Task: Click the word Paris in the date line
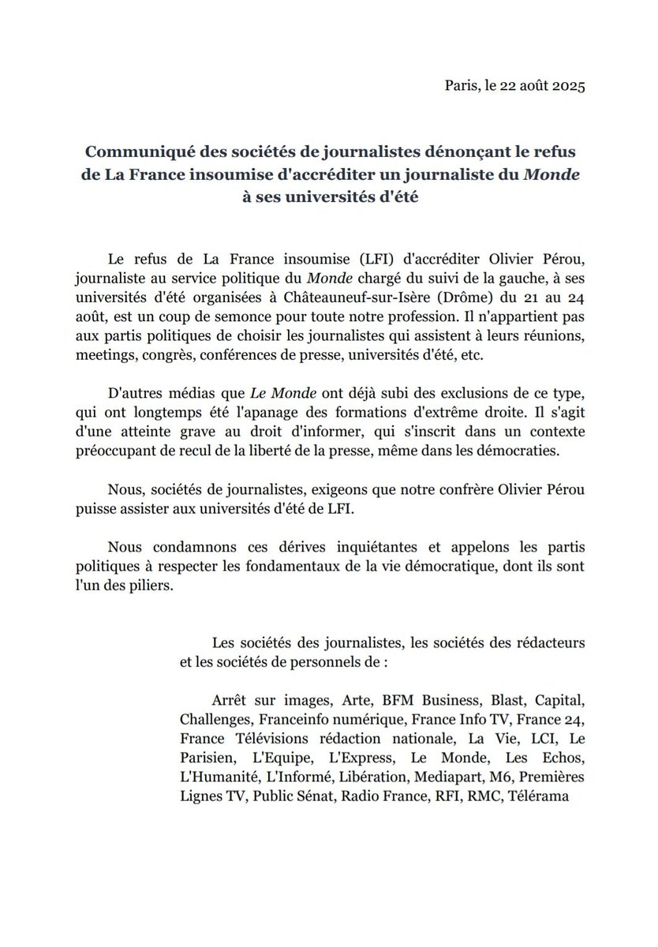tap(460, 86)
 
